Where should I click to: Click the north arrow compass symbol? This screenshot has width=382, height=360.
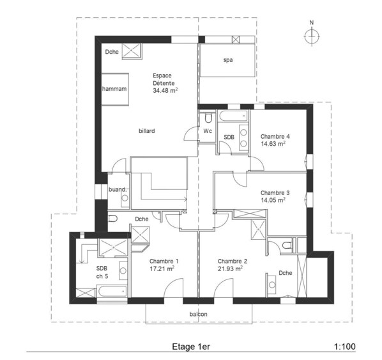pos(312,36)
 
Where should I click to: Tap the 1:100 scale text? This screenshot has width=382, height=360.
pos(345,347)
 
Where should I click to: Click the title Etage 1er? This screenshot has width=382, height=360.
pos(191,347)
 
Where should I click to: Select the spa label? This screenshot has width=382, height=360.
pos(228,60)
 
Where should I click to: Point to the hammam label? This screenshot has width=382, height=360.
pos(114,89)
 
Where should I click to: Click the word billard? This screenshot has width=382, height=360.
pos(147,131)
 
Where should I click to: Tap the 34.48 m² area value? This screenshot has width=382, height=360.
pos(165,91)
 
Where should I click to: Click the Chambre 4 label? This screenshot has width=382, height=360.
pos(275,136)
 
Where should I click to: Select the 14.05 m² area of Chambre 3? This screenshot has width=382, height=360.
pos(273,200)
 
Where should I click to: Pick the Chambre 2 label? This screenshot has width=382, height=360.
pos(233,262)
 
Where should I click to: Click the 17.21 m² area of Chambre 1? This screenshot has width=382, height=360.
pos(162,269)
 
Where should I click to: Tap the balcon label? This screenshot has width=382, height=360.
pos(198,314)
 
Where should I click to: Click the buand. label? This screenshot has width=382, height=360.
pos(118,189)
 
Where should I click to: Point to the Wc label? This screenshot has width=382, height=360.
pos(208,131)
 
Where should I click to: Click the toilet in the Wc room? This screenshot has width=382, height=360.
pos(208,118)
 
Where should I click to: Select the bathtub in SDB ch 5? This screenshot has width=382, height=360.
pos(112,291)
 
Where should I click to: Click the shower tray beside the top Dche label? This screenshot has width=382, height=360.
pos(132,51)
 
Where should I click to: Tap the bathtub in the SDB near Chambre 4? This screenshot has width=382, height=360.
pos(233,116)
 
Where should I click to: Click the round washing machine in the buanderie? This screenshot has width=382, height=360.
pos(125,198)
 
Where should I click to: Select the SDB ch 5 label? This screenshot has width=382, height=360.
pos(102,272)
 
